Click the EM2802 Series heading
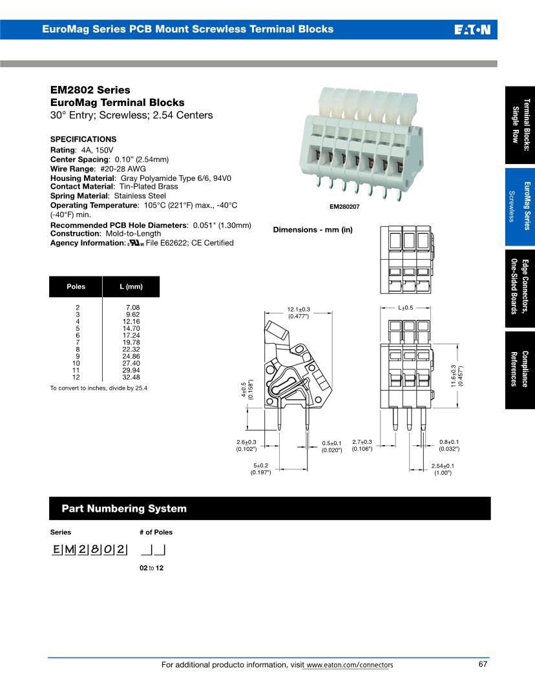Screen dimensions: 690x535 [90, 90]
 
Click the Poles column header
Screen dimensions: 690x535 [76, 287]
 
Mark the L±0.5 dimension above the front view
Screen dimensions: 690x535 [405, 308]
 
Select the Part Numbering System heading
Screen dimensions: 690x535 [124, 508]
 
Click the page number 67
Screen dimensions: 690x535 [483, 664]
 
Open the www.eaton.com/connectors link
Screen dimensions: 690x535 [350, 665]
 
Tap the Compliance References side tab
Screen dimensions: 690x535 [520, 370]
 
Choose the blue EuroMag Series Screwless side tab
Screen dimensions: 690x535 [520, 206]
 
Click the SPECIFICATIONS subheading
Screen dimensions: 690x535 [83, 140]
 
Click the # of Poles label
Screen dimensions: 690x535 [156, 532]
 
